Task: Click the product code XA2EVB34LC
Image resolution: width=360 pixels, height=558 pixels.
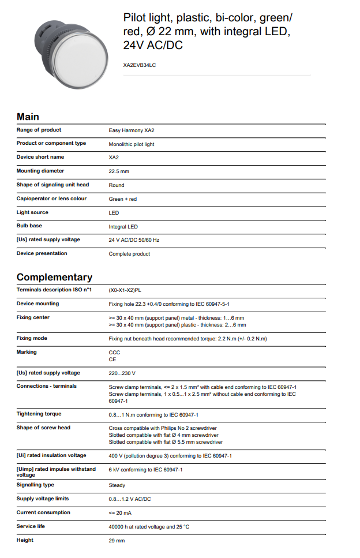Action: tap(140, 65)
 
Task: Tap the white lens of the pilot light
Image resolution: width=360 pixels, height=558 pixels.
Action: tap(82, 45)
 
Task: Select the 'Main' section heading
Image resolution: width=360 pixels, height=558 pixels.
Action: tap(28, 116)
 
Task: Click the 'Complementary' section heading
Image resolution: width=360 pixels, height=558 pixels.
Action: tap(54, 277)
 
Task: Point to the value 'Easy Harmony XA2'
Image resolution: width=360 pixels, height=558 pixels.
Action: tap(132, 130)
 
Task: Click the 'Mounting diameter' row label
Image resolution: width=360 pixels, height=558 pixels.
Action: tap(40, 171)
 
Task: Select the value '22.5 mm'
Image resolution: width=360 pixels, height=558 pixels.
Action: tap(119, 171)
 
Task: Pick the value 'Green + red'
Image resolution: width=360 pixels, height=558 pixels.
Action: tap(123, 199)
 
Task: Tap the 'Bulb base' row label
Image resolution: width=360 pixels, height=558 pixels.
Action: tap(29, 226)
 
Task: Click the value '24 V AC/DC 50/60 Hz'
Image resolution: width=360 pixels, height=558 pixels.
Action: tap(134, 240)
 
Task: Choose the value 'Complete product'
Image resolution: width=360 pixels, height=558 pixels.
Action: tap(129, 254)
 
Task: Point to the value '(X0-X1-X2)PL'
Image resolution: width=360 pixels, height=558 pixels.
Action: tap(126, 290)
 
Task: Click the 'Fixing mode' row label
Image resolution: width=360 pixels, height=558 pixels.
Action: tap(32, 338)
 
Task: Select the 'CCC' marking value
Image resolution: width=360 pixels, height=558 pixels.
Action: tap(114, 352)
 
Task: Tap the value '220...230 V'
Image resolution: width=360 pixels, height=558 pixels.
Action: tap(122, 373)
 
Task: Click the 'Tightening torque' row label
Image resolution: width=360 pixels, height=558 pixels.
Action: tap(39, 414)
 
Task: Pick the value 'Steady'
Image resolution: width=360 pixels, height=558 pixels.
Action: tap(117, 485)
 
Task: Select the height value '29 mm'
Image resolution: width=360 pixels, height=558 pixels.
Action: tap(117, 541)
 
